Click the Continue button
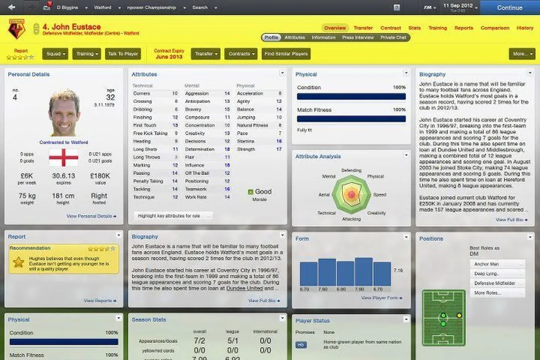(x=509, y=8)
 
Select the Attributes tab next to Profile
(x=295, y=38)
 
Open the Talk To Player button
(x=123, y=53)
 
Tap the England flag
(x=63, y=157)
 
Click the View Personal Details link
(x=91, y=217)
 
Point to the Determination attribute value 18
(x=227, y=149)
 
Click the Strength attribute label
(x=246, y=149)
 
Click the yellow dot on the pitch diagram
(x=459, y=315)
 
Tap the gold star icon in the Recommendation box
(x=19, y=262)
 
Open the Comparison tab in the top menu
(x=495, y=28)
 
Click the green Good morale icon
(x=250, y=192)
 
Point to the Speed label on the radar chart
(x=380, y=195)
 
